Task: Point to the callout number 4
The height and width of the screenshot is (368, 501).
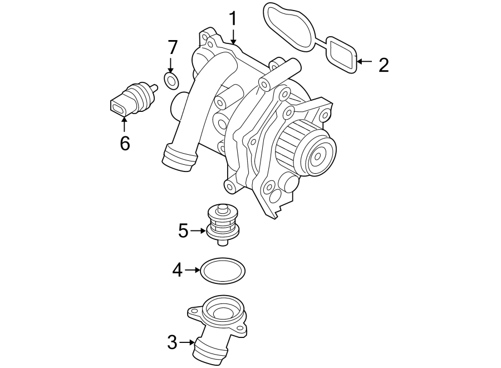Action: [177, 271]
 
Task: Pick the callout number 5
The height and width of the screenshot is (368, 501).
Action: [184, 230]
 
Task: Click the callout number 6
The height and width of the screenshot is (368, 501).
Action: [125, 143]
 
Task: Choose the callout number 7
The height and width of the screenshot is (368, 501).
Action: [172, 48]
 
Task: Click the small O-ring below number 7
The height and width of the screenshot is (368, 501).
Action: [172, 81]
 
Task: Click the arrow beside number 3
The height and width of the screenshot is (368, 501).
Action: [186, 342]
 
